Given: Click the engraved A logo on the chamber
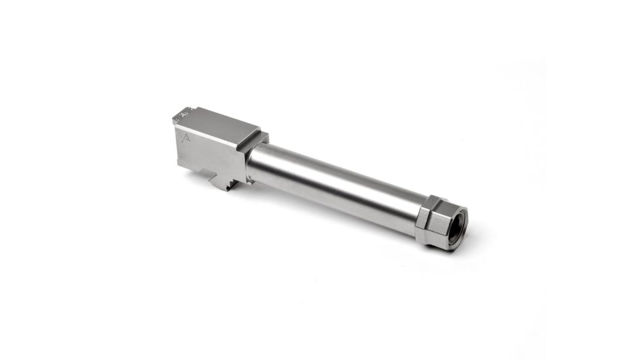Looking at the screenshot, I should pyautogui.click(x=187, y=137).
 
